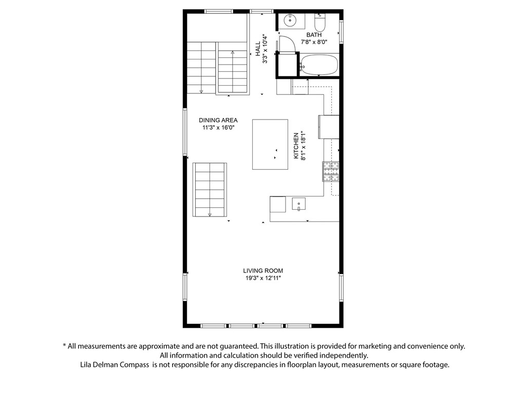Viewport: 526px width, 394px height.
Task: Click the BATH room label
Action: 314,35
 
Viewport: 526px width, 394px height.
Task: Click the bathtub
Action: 319,65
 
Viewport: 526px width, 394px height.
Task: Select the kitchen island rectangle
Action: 270,144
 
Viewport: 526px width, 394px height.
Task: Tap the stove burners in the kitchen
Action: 331,171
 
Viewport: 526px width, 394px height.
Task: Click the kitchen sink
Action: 298,204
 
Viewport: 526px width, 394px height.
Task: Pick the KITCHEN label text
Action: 296,146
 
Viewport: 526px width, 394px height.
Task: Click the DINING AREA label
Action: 218,121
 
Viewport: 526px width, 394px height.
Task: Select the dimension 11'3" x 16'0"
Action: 218,128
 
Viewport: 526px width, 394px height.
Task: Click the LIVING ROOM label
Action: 263,271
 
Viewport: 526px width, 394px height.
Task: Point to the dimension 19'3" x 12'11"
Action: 263,278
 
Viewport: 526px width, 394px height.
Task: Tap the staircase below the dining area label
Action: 210,190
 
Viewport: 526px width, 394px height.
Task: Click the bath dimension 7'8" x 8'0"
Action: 314,42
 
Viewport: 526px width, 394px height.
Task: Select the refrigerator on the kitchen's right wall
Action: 329,127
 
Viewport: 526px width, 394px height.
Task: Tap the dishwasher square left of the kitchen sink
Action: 278,204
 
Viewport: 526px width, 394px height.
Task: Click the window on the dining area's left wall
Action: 185,132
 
